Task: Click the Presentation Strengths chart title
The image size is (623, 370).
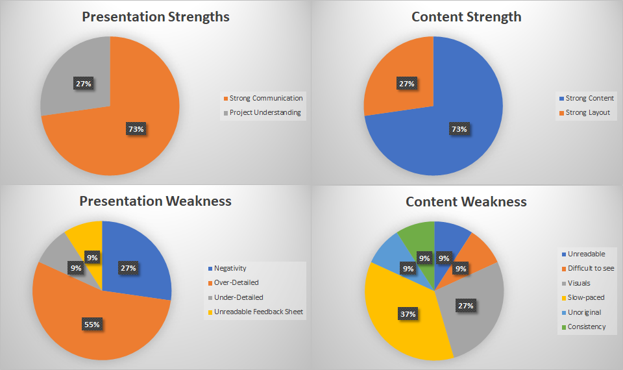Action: tap(156, 17)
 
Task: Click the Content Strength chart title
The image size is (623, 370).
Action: tap(466, 17)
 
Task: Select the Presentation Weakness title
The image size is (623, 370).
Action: tap(155, 201)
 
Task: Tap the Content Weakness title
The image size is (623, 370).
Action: tap(466, 202)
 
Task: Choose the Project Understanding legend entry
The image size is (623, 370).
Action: tap(265, 112)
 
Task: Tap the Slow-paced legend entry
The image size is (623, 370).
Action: tap(586, 297)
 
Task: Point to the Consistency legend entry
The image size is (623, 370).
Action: tap(587, 327)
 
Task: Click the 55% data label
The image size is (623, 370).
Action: tap(92, 324)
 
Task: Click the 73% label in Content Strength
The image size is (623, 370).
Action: tap(459, 129)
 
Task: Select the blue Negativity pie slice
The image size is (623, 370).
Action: tap(140, 253)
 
